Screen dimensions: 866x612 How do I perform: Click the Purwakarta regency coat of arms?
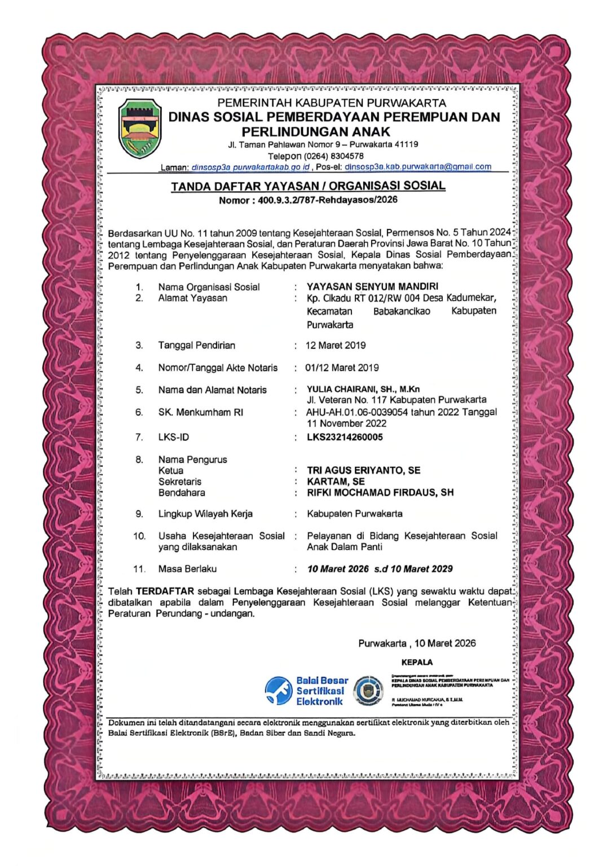[x=140, y=129]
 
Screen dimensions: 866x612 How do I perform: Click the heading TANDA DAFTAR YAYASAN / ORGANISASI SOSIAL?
[x=308, y=186]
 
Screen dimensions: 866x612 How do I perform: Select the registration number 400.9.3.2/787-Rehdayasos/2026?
[x=328, y=200]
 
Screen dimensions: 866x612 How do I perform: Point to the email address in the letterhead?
[x=417, y=167]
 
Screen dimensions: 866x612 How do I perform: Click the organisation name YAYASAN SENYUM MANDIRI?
[x=372, y=286]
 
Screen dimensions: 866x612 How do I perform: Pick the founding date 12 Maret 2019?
[x=336, y=345]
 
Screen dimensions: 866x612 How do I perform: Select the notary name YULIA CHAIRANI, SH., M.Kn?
[x=363, y=389]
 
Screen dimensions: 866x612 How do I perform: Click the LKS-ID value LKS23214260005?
[x=345, y=437]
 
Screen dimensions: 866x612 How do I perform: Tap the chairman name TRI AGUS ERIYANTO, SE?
[x=363, y=470]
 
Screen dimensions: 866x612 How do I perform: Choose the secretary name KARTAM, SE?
[x=336, y=481]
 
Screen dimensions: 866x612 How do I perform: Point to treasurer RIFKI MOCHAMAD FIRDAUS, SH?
[x=380, y=492]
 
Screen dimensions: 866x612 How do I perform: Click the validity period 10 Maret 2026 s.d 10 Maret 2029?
[x=380, y=569]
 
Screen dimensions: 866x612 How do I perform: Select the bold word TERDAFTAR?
[x=165, y=591]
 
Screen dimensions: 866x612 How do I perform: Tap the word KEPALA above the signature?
[x=417, y=662]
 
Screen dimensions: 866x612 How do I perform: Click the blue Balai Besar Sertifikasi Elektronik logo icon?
[x=279, y=691]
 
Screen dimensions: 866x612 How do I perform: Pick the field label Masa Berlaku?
[x=187, y=569]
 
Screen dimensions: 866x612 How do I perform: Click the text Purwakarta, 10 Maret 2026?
[x=417, y=643]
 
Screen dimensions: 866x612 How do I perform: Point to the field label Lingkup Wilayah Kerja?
[x=205, y=514]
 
